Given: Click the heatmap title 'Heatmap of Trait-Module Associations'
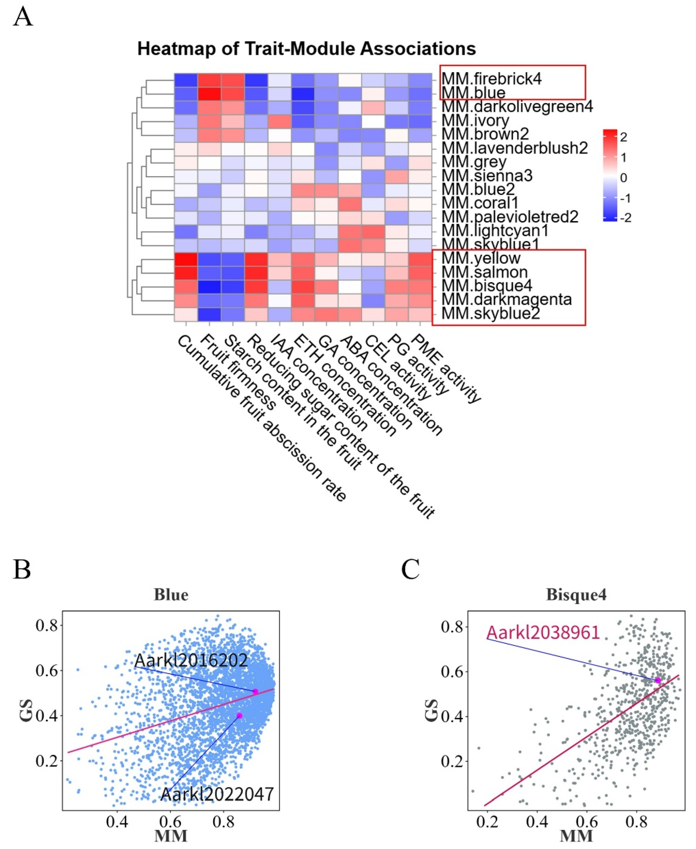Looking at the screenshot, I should pyautogui.click(x=306, y=49).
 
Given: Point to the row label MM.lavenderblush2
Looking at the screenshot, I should pyautogui.click(x=514, y=148).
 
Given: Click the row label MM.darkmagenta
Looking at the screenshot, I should pyautogui.click(x=506, y=299).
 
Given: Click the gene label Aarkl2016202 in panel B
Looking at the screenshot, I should pyautogui.click(x=191, y=660).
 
